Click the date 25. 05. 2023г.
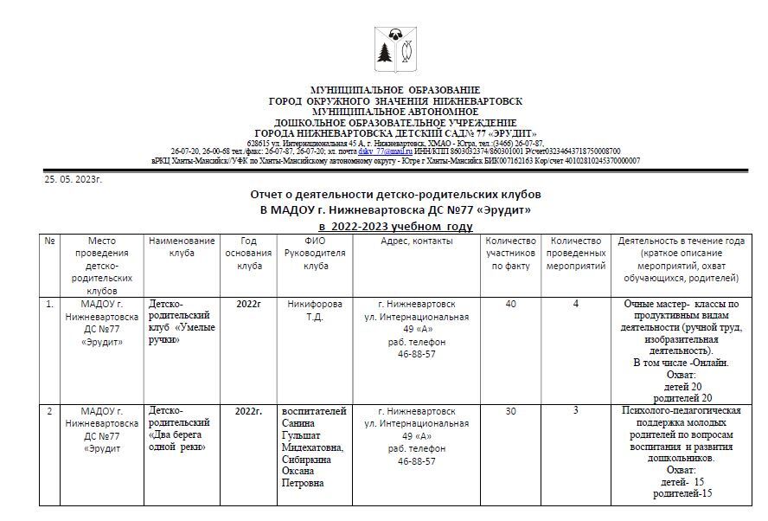tap(74, 180)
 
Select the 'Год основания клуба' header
tap(247, 253)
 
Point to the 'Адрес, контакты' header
tap(417, 241)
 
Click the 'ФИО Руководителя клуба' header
tap(314, 253)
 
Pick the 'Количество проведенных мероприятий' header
tap(576, 253)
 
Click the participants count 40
tap(510, 305)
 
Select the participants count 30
tap(510, 411)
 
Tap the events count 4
tap(576, 305)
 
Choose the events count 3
tap(576, 411)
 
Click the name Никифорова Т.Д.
tap(314, 311)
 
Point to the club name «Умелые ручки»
tap(182, 334)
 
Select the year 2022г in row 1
tap(247, 305)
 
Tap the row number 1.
tap(49, 305)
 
